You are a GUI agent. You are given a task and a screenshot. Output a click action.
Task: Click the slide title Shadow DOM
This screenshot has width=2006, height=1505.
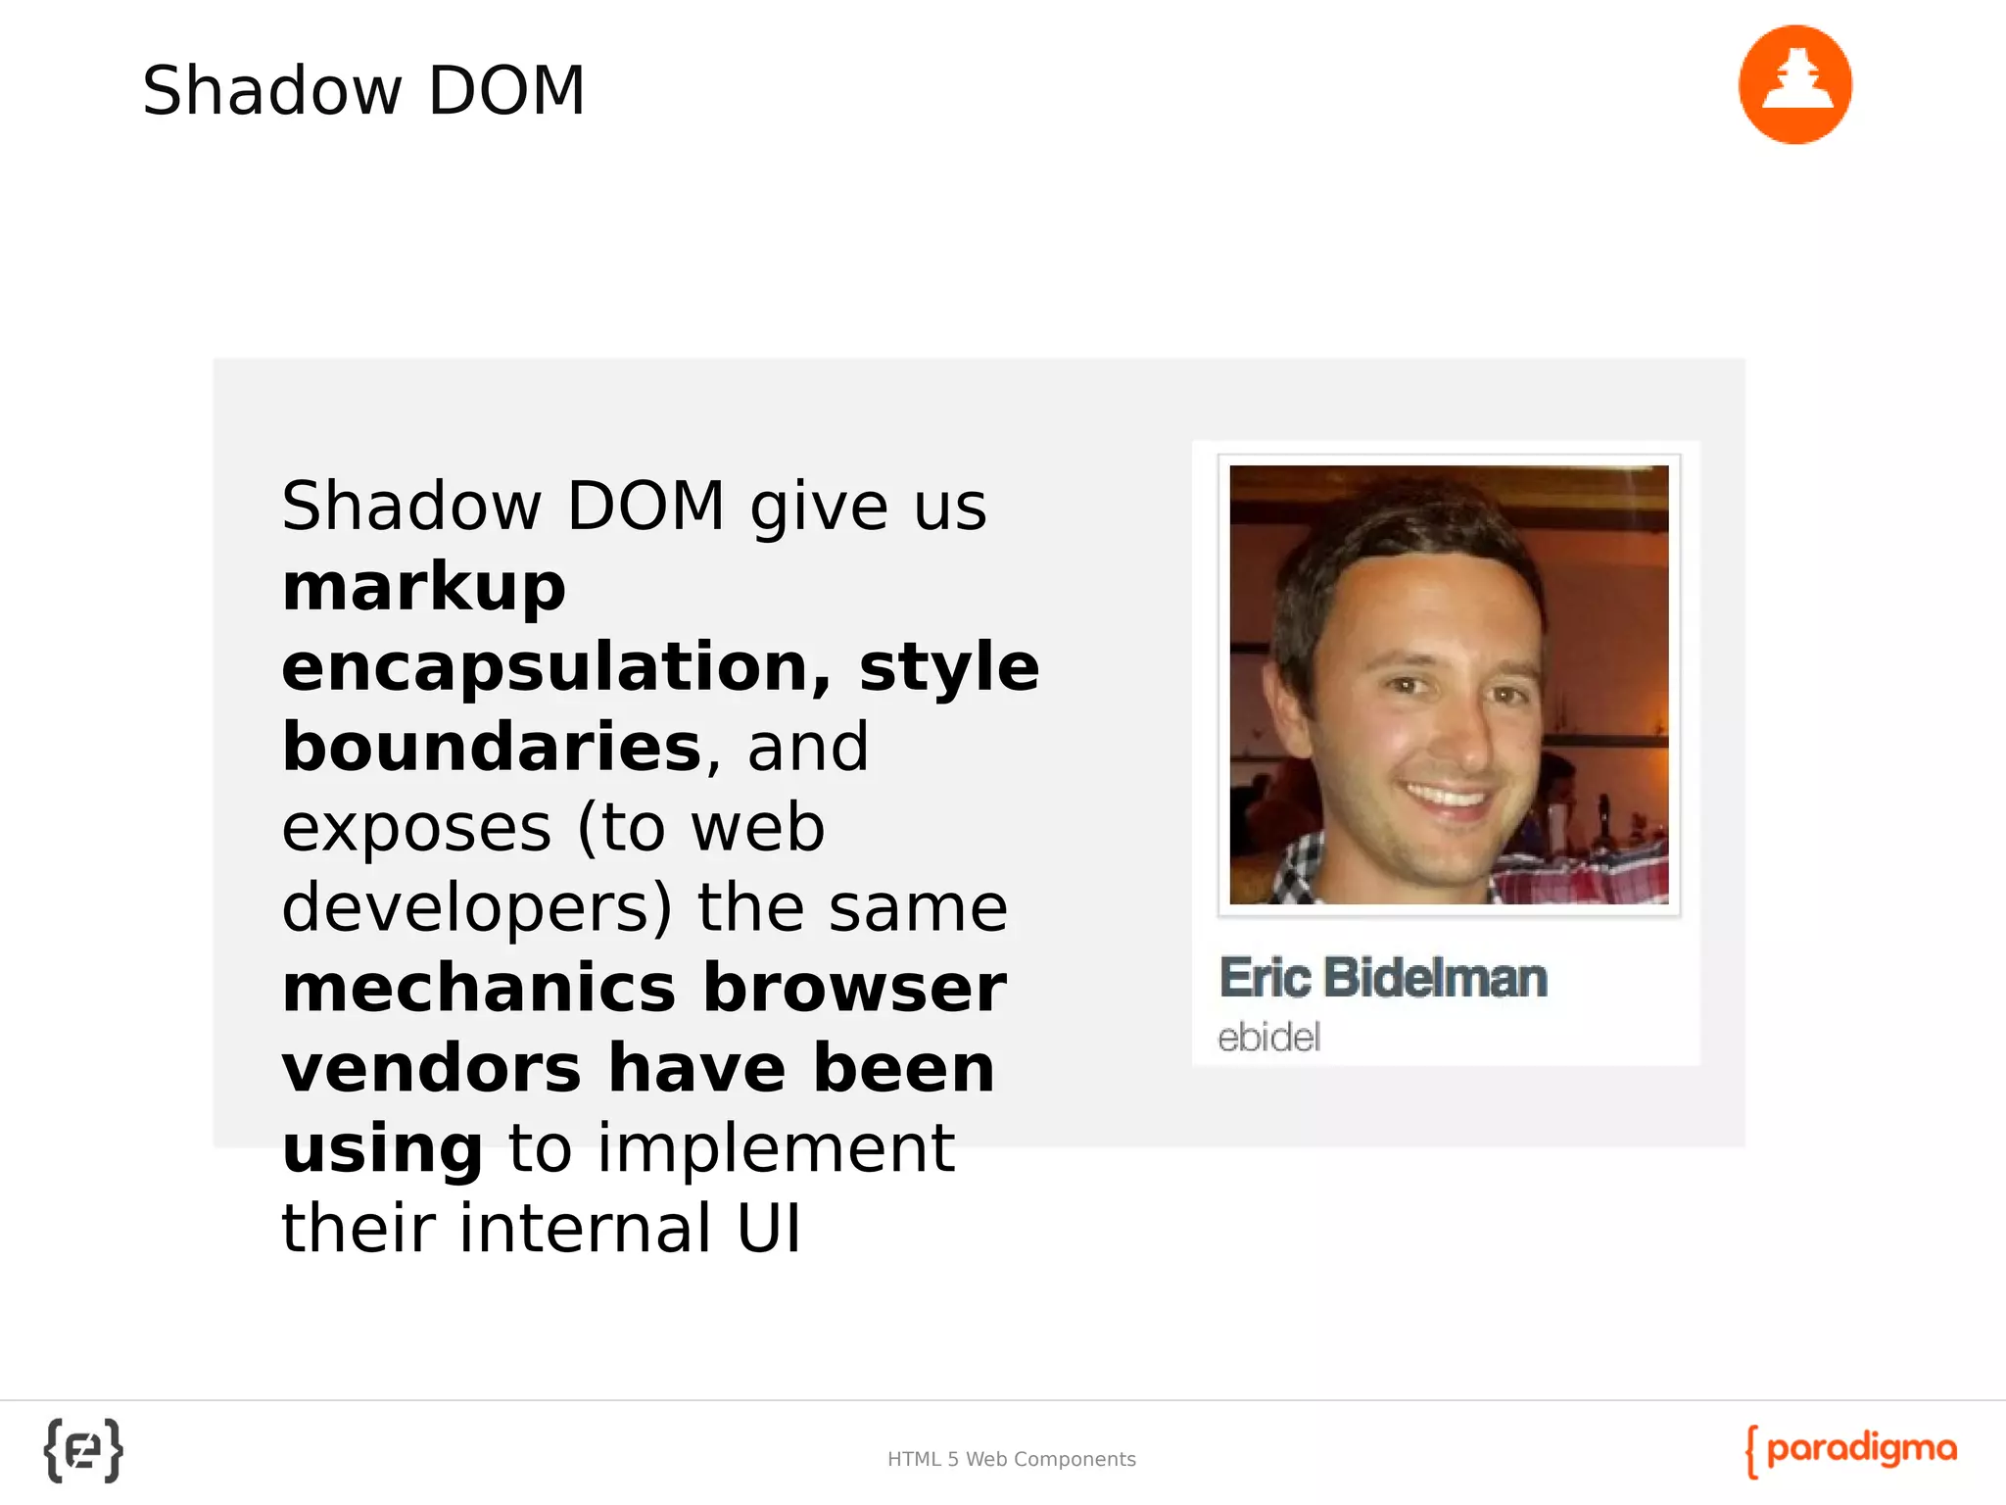pyautogui.click(x=363, y=90)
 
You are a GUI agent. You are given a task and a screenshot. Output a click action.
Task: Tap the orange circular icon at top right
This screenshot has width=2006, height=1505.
pyautogui.click(x=1794, y=85)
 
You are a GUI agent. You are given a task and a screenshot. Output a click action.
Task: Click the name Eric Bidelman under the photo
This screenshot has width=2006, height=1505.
pyautogui.click(x=1383, y=978)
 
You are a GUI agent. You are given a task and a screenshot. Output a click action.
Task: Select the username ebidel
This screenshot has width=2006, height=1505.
pyautogui.click(x=1268, y=1037)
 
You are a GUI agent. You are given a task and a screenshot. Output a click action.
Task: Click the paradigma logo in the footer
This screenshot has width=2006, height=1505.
pyautogui.click(x=1851, y=1450)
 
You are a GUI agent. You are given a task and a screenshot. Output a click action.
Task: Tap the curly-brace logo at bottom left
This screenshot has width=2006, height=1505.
pyautogui.click(x=83, y=1450)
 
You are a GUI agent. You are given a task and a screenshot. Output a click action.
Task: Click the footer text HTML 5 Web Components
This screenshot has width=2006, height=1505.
pyautogui.click(x=1011, y=1459)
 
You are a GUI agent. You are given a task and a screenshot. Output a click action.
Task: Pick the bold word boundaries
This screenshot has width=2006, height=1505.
pyautogui.click(x=492, y=748)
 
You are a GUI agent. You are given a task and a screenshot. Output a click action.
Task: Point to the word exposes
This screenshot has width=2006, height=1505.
pyautogui.click(x=416, y=829)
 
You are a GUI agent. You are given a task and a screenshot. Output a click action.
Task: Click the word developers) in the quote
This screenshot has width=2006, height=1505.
pyautogui.click(x=477, y=908)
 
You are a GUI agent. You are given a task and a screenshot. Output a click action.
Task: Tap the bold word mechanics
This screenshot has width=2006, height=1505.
pyautogui.click(x=479, y=988)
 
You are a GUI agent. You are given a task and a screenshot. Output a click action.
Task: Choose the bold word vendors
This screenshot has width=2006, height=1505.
pyautogui.click(x=431, y=1068)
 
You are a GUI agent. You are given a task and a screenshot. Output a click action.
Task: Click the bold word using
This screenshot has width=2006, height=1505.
pyautogui.click(x=382, y=1148)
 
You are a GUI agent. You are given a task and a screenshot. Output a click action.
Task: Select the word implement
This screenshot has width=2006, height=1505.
pyautogui.click(x=776, y=1148)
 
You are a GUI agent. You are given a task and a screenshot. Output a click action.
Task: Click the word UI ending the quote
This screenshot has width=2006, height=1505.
pyautogui.click(x=769, y=1229)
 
